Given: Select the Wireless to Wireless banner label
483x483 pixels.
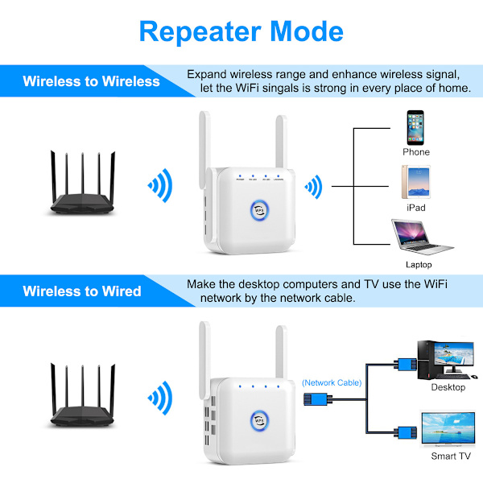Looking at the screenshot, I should (x=91, y=81).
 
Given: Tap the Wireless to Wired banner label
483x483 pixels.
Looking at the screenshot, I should (x=82, y=291).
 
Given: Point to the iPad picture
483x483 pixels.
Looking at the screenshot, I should (x=415, y=183).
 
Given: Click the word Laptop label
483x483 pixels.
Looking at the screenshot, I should (x=419, y=265).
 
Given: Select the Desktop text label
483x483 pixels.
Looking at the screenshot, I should (x=448, y=387).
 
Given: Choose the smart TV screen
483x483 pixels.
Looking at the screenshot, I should (x=445, y=428).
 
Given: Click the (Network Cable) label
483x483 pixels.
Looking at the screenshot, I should (x=332, y=382).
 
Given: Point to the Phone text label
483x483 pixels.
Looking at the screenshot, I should (x=416, y=152).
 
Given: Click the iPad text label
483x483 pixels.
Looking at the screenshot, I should (x=416, y=208).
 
